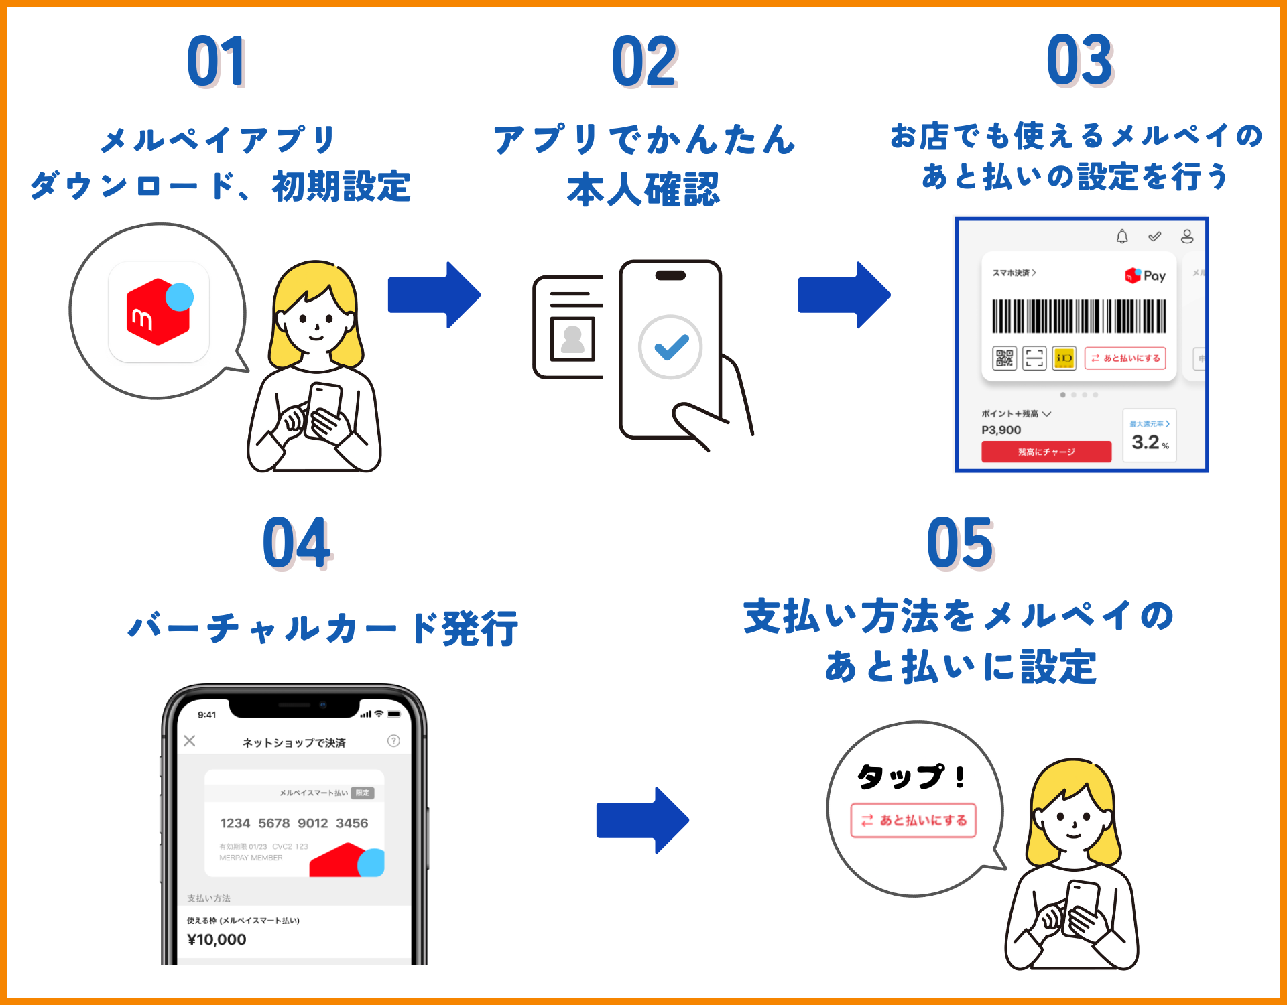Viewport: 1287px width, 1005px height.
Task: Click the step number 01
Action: pos(217,62)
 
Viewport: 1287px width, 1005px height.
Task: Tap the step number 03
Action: pos(1080,60)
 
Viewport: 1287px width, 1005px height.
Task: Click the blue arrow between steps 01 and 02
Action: pos(434,295)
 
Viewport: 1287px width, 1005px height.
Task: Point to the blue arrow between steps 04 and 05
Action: pos(642,820)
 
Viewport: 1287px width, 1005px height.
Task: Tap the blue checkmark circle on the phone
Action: pos(670,347)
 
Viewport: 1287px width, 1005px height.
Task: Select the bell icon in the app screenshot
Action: pos(1122,237)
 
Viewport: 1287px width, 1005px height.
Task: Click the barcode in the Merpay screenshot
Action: pos(1079,316)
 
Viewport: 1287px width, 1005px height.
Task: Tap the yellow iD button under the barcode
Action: pos(1064,358)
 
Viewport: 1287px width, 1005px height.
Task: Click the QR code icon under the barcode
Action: pos(1004,358)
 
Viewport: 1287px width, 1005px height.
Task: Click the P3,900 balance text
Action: pos(1001,430)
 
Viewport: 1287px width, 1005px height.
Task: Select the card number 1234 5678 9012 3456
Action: pos(294,823)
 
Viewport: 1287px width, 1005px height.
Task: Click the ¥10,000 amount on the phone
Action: pos(217,939)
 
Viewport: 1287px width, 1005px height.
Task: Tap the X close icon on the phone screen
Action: pos(190,740)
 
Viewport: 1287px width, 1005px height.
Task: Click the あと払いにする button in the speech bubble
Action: pos(914,820)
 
